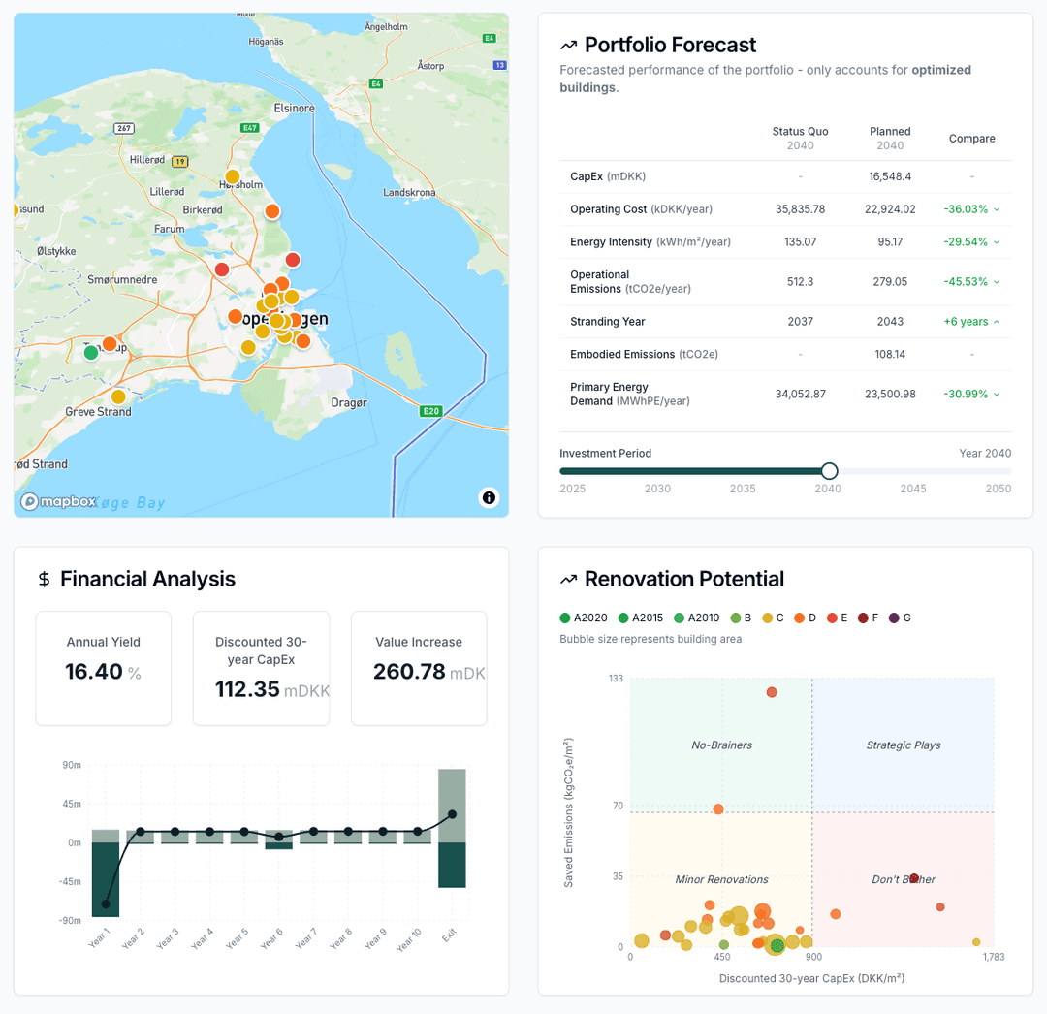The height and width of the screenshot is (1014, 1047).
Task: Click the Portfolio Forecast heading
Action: (670, 45)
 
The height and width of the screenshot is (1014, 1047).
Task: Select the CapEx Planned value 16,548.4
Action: (890, 176)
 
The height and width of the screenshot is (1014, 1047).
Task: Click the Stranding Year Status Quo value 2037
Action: (800, 322)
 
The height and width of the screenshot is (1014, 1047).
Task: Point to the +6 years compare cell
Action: (971, 322)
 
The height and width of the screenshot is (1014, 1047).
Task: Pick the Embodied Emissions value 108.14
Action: (890, 354)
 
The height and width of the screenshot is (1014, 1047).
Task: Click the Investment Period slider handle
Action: (829, 471)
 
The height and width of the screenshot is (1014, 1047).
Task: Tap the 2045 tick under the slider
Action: (912, 489)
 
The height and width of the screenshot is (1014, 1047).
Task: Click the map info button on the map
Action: (489, 497)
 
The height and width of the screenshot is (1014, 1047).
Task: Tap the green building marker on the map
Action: (91, 353)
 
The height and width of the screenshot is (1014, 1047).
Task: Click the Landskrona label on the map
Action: (409, 192)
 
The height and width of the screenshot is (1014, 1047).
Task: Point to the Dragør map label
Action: (349, 402)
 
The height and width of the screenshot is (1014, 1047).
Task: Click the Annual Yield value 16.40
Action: (94, 672)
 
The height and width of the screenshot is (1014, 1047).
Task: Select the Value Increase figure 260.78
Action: (409, 672)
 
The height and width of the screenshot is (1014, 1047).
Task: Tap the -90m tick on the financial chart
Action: (71, 921)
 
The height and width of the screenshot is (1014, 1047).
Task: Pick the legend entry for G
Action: (900, 618)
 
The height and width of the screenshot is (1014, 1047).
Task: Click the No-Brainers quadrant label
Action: (721, 745)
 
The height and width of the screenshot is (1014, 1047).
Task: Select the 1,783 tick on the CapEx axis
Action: (993, 957)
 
